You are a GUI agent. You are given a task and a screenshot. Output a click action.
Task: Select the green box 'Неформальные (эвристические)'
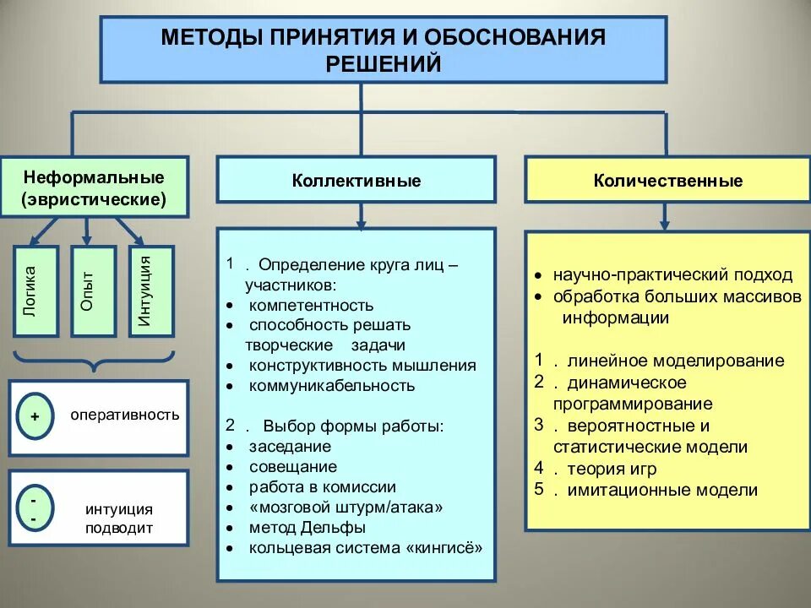[94, 189]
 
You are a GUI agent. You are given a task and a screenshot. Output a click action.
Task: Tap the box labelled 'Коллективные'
[357, 181]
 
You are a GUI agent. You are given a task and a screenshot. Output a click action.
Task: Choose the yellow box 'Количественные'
[667, 181]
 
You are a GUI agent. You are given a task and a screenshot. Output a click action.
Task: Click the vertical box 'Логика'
[35, 291]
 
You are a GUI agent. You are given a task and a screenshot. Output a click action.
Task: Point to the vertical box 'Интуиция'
[150, 291]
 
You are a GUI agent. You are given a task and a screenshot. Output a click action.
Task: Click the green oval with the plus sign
[35, 416]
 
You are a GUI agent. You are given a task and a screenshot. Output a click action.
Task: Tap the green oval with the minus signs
[35, 508]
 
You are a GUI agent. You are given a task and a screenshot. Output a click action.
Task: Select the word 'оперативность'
[124, 415]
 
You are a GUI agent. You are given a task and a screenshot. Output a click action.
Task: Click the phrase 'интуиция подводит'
[118, 518]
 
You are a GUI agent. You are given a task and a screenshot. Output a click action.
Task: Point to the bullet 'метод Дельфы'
[307, 528]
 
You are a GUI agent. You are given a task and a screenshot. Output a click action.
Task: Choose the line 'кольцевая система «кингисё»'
[366, 548]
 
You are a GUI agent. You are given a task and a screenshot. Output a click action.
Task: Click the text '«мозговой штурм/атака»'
[346, 508]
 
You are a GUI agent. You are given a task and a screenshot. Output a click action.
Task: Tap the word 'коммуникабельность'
[331, 386]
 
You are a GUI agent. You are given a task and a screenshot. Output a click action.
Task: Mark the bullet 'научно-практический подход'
[672, 274]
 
